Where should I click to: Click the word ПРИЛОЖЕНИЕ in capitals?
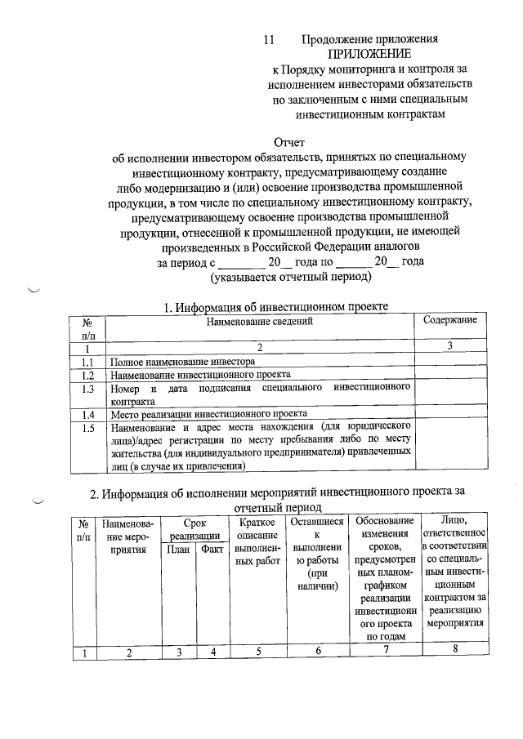(x=370, y=54)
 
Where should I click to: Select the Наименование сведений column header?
(x=260, y=322)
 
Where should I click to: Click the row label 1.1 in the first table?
(x=89, y=361)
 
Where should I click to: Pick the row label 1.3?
(x=89, y=390)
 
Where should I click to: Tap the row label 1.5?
(x=89, y=427)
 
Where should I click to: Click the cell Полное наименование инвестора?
(x=189, y=361)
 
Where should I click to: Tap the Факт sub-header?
(x=212, y=550)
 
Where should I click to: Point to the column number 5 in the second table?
(x=258, y=651)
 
